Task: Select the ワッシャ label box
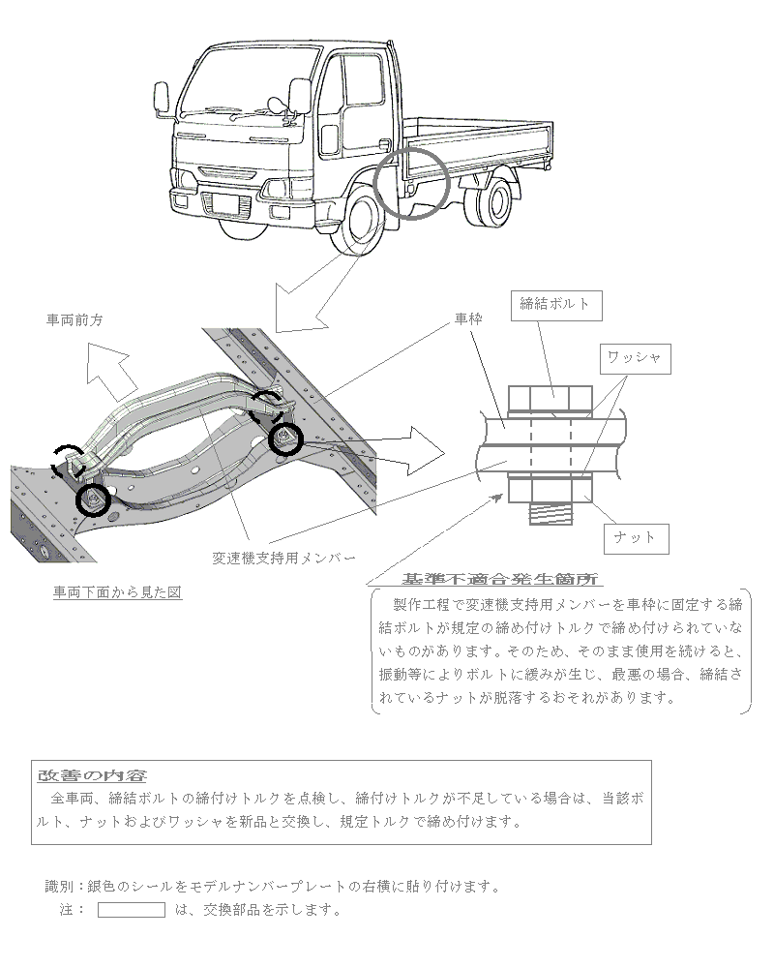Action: point(634,357)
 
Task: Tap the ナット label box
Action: point(635,536)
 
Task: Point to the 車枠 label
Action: point(467,318)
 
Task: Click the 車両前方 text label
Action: point(74,318)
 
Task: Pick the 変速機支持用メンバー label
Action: point(283,558)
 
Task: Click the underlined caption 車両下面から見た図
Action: point(117,591)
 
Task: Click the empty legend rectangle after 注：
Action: point(132,910)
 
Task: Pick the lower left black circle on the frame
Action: point(93,499)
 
